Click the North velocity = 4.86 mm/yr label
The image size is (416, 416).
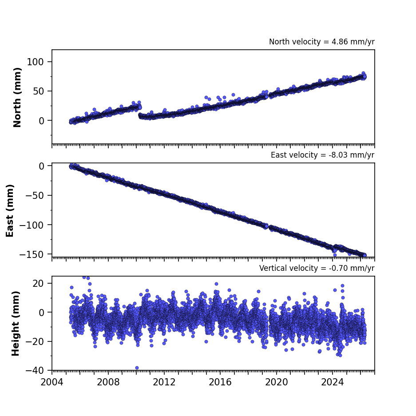321,42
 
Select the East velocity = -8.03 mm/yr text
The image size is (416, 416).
322,155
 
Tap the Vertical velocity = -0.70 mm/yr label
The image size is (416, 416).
317,268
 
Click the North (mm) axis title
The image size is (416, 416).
17,97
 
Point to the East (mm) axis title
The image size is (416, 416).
10,210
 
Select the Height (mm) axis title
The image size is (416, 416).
16,323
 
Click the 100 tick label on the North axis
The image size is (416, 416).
35,62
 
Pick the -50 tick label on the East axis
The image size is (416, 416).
35,195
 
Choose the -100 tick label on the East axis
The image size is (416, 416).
32,225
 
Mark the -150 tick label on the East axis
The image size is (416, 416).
32,254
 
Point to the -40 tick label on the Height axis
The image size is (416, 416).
35,370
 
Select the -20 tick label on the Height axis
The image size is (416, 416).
35,341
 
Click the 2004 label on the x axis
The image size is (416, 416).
52,382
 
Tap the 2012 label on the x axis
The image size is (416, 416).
164,382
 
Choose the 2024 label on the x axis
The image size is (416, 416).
333,382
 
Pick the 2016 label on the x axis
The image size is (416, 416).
220,382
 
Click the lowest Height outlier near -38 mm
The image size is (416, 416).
137,368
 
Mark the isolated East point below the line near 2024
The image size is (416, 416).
335,255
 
